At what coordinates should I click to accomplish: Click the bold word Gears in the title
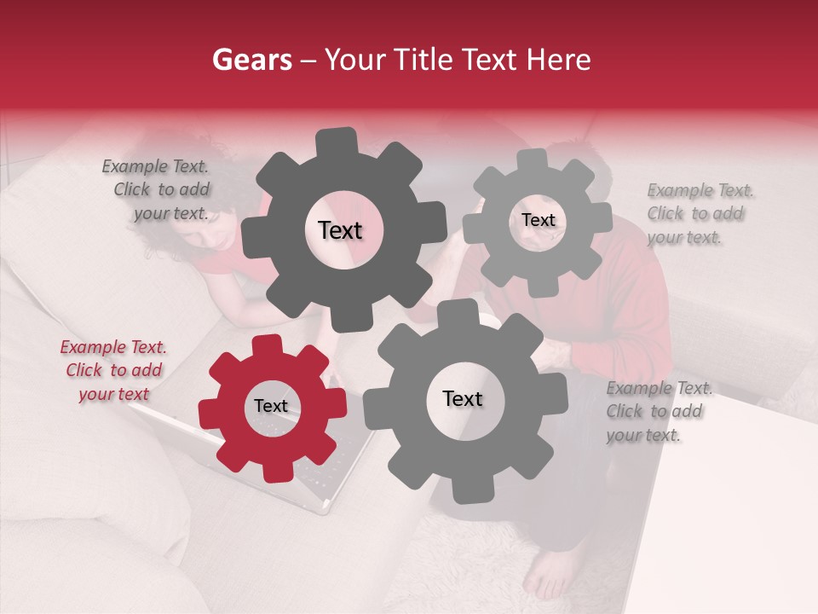(x=251, y=60)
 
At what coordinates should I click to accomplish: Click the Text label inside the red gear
(x=271, y=407)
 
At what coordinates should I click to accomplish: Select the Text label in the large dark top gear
(x=340, y=230)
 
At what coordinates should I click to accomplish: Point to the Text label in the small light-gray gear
(x=538, y=220)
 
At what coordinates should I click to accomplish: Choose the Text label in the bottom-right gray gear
(x=462, y=399)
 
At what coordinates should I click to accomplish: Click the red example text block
(x=113, y=370)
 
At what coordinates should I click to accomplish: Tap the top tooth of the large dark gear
(x=336, y=142)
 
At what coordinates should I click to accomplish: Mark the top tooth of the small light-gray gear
(x=533, y=160)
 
